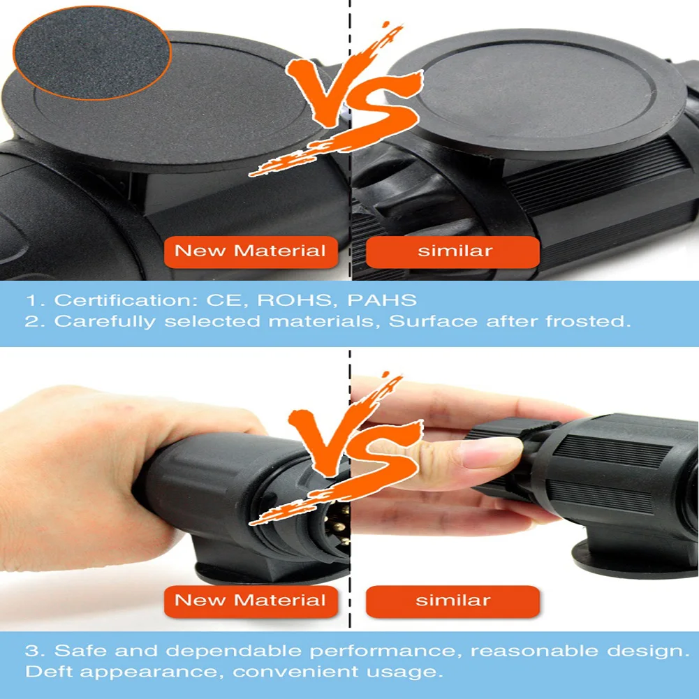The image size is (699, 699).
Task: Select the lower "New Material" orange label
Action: click(x=251, y=601)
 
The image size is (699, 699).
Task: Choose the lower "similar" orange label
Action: click(x=452, y=601)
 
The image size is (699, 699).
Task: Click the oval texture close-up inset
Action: click(x=92, y=52)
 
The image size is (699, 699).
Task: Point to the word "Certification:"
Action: click(x=126, y=300)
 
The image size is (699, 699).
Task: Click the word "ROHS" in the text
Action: click(x=295, y=300)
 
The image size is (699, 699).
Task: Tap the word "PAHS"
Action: click(x=382, y=300)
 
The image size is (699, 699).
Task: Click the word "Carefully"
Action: click(x=105, y=322)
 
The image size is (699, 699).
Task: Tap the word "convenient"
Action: click(x=295, y=672)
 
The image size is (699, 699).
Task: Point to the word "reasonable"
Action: click(x=535, y=651)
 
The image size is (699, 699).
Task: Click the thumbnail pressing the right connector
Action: click(x=490, y=451)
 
